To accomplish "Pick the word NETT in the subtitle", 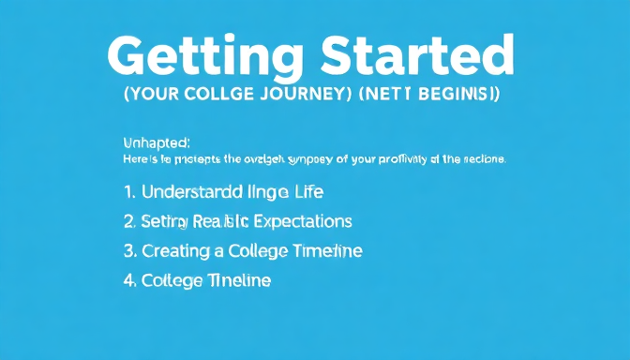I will [383, 95].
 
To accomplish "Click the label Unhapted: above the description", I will [157, 142].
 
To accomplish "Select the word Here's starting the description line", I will [138, 159].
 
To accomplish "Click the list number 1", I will [128, 192].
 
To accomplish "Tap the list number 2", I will [129, 221].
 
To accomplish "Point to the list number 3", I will [129, 251].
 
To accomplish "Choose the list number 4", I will [129, 280].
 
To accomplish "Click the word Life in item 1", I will [307, 192].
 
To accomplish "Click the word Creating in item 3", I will [174, 251].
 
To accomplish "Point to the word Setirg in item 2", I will [165, 222].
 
